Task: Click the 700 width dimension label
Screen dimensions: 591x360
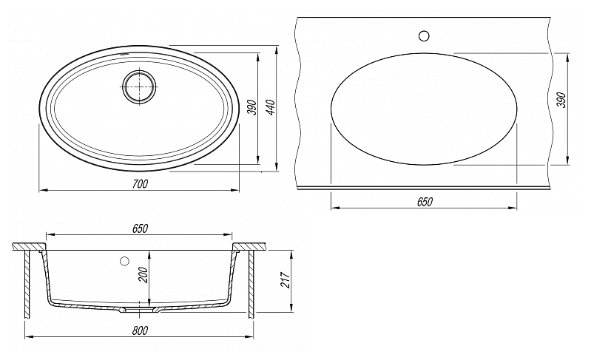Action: [x=141, y=184]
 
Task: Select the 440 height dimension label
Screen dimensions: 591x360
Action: [x=271, y=107]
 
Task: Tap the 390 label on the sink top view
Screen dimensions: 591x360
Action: [x=251, y=108]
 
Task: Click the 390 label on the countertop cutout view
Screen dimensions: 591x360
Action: [x=561, y=100]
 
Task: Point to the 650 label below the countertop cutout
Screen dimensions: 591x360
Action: [x=425, y=202]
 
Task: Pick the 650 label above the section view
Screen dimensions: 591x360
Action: [x=141, y=228]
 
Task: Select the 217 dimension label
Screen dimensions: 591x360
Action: [x=286, y=279]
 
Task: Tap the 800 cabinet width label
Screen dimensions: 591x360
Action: [x=141, y=330]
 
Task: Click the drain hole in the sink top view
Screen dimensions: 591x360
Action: [x=140, y=86]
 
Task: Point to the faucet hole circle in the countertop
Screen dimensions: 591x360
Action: [x=424, y=35]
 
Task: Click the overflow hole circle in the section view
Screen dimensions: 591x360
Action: [x=124, y=261]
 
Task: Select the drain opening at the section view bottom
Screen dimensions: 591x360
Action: [x=140, y=310]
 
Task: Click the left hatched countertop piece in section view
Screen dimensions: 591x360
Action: [x=29, y=246]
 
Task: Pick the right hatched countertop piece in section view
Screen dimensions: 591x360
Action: [x=249, y=246]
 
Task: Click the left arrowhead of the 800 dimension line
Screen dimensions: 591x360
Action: [x=28, y=337]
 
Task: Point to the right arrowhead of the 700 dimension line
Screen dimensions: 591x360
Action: [x=235, y=191]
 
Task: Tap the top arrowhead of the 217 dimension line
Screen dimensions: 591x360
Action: [x=291, y=254]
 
